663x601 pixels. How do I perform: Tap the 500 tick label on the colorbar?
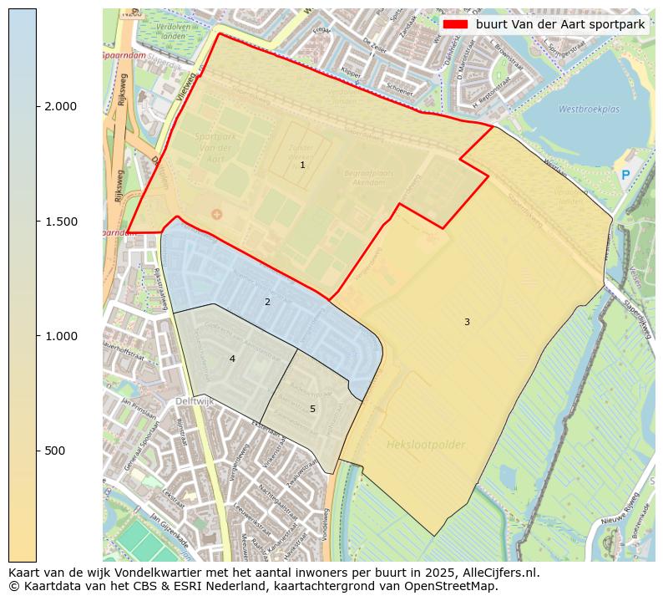55,451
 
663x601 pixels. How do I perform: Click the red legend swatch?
455,24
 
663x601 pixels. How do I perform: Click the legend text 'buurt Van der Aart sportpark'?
560,24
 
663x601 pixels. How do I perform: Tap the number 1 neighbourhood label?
302,166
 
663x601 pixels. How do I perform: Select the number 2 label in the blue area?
267,302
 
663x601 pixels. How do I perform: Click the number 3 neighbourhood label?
467,322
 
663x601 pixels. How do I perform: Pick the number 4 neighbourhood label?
232,359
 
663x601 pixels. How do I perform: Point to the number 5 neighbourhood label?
312,409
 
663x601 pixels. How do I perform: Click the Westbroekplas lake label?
589,109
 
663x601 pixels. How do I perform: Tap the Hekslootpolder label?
426,445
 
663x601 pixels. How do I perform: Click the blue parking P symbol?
625,175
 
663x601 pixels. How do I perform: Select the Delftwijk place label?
195,402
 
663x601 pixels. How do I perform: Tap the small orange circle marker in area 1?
217,215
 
